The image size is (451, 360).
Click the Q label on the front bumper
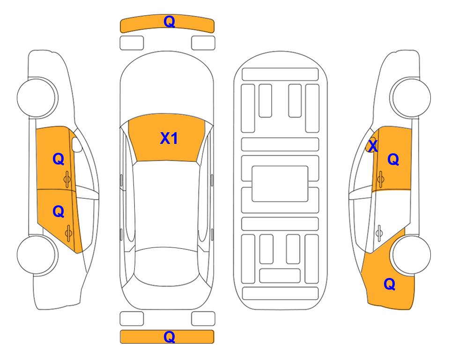click(169, 22)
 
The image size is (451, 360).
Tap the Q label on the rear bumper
click(169, 337)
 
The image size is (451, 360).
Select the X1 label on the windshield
click(169, 138)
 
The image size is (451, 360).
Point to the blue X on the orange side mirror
click(373, 146)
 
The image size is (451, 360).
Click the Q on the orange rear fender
click(390, 284)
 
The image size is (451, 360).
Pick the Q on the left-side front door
click(58, 159)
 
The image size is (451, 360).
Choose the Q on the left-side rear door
click(58, 212)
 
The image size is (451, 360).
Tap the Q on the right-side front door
click(393, 159)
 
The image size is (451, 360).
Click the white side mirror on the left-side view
click(77, 145)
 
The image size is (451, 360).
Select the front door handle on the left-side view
click(67, 179)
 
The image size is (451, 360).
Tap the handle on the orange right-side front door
click(381, 179)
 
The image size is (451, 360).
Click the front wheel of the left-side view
click(37, 97)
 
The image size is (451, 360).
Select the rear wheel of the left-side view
click(37, 255)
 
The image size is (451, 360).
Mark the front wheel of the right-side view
click(411, 97)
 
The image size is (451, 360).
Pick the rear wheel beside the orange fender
click(411, 255)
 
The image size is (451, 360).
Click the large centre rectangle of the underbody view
click(280, 184)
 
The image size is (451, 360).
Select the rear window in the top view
click(167, 266)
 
